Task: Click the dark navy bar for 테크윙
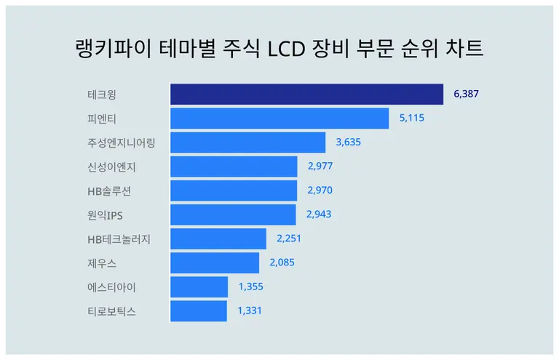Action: tap(306, 95)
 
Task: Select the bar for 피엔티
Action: tap(279, 119)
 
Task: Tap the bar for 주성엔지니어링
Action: tap(247, 143)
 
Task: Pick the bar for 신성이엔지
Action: tap(234, 167)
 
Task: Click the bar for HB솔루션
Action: tap(234, 191)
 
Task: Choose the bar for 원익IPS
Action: tap(233, 215)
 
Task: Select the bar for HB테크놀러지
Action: tap(218, 239)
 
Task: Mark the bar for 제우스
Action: tap(214, 263)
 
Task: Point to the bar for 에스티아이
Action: tap(199, 287)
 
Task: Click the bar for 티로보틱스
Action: tap(198, 311)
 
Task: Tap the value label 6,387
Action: tap(467, 95)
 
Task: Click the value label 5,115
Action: tap(411, 119)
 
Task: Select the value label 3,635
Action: tap(348, 143)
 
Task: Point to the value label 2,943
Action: tap(319, 215)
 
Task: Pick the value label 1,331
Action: tap(249, 311)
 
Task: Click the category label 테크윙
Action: tap(101, 95)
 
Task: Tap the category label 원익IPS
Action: tap(105, 215)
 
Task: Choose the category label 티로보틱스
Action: tap(111, 311)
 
